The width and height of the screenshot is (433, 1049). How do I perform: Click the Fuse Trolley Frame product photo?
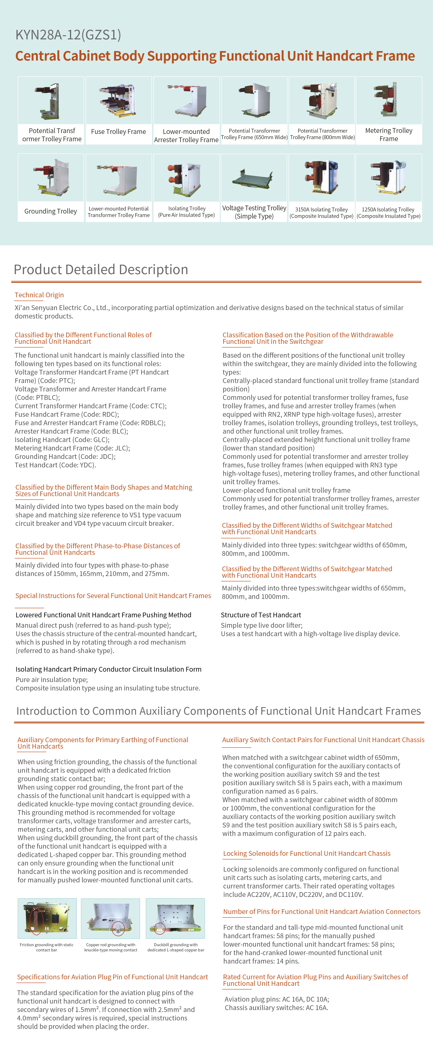(119, 100)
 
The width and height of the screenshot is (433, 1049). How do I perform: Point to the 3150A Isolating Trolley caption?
(321, 212)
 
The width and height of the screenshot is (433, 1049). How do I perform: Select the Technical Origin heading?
(39, 295)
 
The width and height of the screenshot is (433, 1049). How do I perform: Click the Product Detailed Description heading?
(101, 270)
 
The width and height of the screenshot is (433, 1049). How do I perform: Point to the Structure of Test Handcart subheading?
(261, 615)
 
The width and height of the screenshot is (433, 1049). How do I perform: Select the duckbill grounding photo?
(175, 918)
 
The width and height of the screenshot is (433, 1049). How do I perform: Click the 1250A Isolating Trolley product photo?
(389, 178)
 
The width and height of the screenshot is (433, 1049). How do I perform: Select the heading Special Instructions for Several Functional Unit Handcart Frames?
(113, 596)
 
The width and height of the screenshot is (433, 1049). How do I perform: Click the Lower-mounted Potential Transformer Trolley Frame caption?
(119, 212)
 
